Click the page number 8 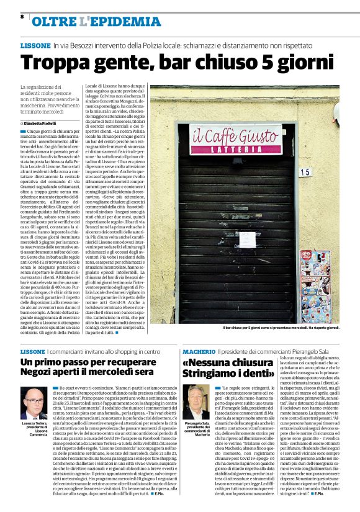coord(22,17)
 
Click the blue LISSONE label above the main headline coord(35,46)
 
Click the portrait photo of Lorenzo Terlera coord(33,403)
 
